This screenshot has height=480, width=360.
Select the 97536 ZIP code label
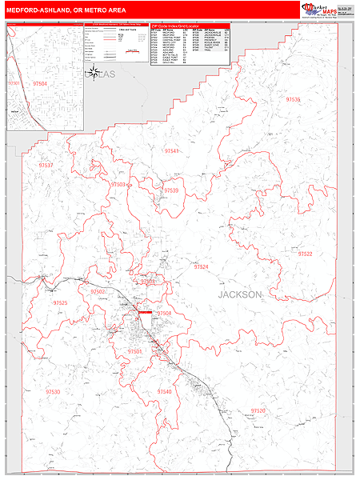[293, 99]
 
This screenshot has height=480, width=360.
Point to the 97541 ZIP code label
[171, 150]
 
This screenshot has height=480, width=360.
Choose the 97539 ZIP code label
[170, 190]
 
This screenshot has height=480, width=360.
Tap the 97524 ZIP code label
[201, 266]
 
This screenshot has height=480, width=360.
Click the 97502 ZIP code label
[98, 292]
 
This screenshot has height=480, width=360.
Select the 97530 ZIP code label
[53, 391]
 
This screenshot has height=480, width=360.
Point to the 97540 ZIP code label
[164, 391]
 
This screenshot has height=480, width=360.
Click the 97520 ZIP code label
[258, 410]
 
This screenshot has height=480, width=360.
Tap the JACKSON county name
[239, 294]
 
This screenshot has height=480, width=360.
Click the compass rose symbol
[93, 73]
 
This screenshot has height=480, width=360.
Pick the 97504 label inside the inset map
[40, 82]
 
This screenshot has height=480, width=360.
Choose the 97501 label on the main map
[134, 351]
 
